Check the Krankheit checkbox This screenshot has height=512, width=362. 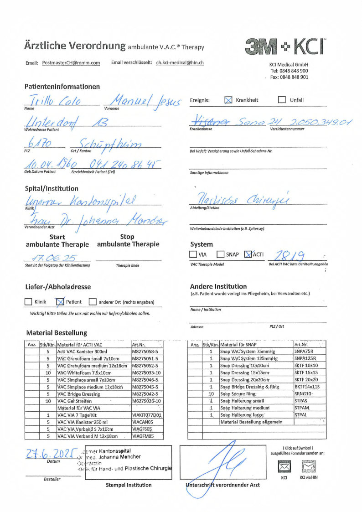(228, 100)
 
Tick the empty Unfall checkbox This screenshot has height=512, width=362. (282, 100)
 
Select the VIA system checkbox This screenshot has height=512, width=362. (193, 254)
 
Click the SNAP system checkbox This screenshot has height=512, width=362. (220, 254)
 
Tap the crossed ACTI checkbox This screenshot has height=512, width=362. (248, 254)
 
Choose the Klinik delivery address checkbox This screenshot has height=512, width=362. (28, 301)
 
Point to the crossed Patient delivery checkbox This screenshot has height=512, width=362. (59, 301)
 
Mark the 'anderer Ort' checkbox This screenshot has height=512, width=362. (93, 301)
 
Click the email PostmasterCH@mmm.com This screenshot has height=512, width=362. (71, 63)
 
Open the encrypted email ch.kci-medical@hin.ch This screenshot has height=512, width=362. (180, 63)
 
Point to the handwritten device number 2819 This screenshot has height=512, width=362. (287, 254)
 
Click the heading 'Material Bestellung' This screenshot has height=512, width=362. (57, 333)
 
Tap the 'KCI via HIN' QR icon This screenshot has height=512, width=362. (308, 466)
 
